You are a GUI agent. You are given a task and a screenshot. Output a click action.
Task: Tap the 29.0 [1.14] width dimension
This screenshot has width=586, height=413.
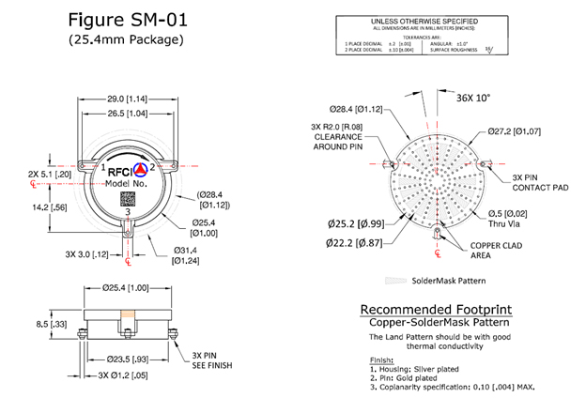tap(126, 97)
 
